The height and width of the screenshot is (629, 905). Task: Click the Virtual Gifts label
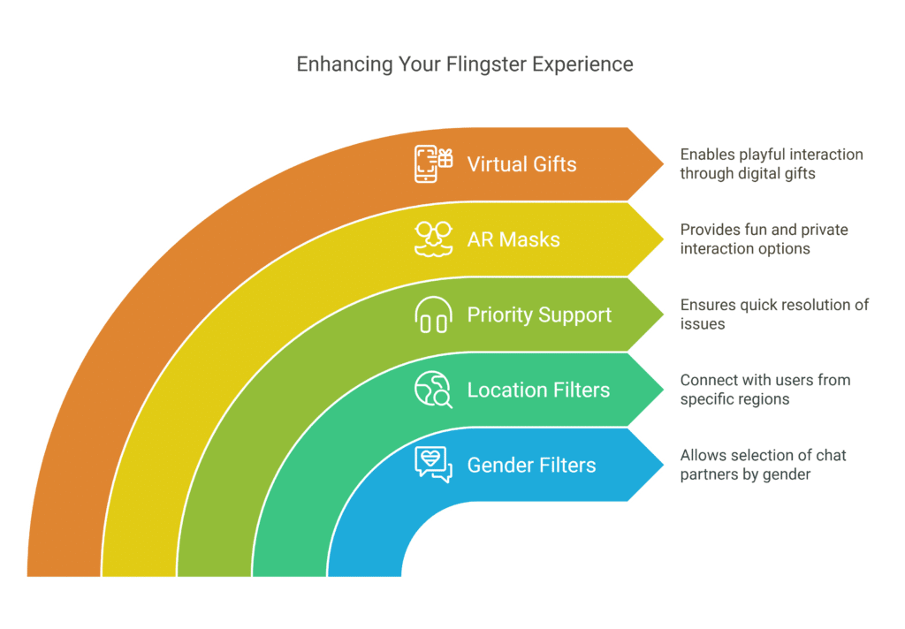coord(521,164)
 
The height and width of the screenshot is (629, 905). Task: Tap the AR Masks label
coord(513,239)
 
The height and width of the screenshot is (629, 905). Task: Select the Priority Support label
coord(539,315)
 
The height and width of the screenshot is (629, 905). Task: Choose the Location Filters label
coord(538,390)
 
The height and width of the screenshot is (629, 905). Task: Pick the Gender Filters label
coord(531,466)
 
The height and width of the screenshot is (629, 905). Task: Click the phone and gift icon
coord(433,164)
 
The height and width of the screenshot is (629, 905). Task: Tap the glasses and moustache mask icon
coord(433,239)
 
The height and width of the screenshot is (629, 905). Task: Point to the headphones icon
coord(433,315)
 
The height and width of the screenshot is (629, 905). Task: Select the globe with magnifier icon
coord(433,390)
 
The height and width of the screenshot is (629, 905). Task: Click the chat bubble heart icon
coord(433,465)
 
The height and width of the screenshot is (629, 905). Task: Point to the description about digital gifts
coord(771,164)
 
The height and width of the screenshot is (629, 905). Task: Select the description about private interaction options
coord(764,239)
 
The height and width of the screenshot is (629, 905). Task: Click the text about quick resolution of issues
coord(774,314)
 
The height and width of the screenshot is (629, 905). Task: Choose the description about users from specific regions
coord(764,390)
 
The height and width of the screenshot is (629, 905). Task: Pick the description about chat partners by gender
coord(762,465)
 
